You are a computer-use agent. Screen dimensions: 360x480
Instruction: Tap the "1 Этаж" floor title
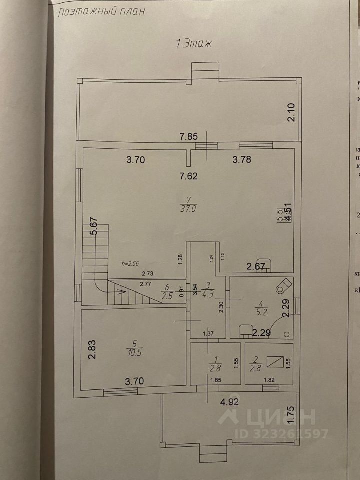[194, 43]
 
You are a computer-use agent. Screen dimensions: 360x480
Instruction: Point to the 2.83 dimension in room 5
[92, 350]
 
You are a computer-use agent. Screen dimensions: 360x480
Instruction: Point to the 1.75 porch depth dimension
[293, 416]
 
